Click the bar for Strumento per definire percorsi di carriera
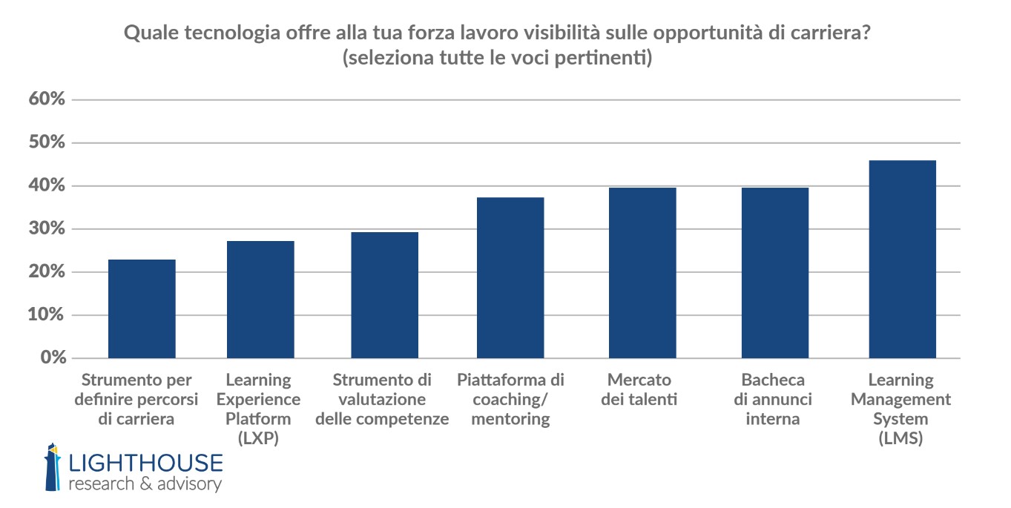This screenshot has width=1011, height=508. (142, 309)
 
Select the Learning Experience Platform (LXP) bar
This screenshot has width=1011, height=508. (260, 300)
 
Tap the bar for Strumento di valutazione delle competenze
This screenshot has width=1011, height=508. (384, 295)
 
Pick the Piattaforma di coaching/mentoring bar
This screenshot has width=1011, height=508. (510, 278)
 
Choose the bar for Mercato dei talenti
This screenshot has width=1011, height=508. (642, 273)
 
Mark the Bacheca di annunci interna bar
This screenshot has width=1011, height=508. (775, 273)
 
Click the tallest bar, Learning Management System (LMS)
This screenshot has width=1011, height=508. (901, 260)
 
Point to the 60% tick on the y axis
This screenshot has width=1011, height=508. (47, 99)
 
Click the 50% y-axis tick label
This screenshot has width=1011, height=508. (47, 142)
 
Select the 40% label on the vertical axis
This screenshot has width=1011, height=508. (47, 185)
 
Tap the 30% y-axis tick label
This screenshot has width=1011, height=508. (47, 229)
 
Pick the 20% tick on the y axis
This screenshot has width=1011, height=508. (47, 272)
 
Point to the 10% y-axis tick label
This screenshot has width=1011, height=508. (47, 315)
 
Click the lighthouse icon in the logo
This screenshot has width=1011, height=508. (53, 467)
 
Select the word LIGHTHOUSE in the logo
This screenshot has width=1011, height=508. (145, 463)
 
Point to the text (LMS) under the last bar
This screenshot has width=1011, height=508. (900, 438)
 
